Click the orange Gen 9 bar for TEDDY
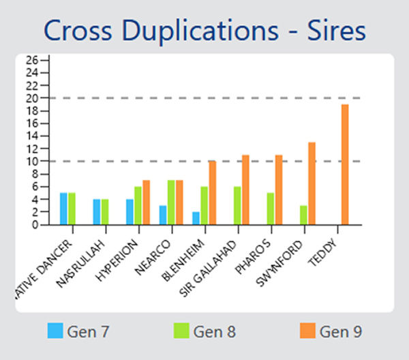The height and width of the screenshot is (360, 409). pos(345,164)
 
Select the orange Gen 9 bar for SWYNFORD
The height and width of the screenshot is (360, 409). pos(312,183)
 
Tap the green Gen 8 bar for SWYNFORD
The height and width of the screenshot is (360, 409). pos(303,215)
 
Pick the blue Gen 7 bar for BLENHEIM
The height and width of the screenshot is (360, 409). pos(196,218)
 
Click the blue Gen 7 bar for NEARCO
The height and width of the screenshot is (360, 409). pos(163,215)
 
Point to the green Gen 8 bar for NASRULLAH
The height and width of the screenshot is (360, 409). pos(105,211)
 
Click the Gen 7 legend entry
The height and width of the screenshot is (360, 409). pos(78,332)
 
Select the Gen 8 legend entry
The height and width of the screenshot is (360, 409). pos(204,332)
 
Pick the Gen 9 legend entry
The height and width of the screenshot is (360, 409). pos(331,332)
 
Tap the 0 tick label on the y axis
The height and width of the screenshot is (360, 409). pos(35,225)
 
